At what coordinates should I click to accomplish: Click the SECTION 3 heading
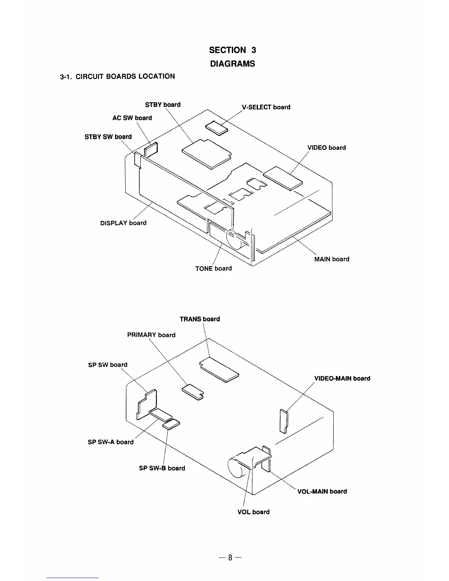pos(232,50)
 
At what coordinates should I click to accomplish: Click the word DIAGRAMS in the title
pos(232,63)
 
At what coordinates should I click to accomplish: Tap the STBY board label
pos(163,105)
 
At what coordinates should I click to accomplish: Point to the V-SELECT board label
pos(266,107)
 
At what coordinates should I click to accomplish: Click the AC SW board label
pos(132,118)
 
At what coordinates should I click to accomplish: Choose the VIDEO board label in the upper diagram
pos(326,147)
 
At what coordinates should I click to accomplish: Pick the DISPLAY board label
pos(123,223)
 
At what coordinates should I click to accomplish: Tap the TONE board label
pos(213,268)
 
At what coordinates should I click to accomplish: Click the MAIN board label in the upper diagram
pos(332,259)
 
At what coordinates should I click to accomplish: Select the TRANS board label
pos(200,319)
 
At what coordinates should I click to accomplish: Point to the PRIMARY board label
pos(151,335)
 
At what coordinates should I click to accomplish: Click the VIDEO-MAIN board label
pos(342,378)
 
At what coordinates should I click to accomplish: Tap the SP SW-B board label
pos(162,468)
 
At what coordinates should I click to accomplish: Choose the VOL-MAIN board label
pos(322,491)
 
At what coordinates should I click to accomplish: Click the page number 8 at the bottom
pos(230,558)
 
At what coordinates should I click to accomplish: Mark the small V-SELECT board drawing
pos(216,128)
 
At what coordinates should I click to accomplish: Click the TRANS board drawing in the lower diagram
pos(219,369)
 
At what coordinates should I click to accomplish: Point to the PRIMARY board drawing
pos(193,391)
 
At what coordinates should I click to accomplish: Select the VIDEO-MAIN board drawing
pos(284,421)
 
